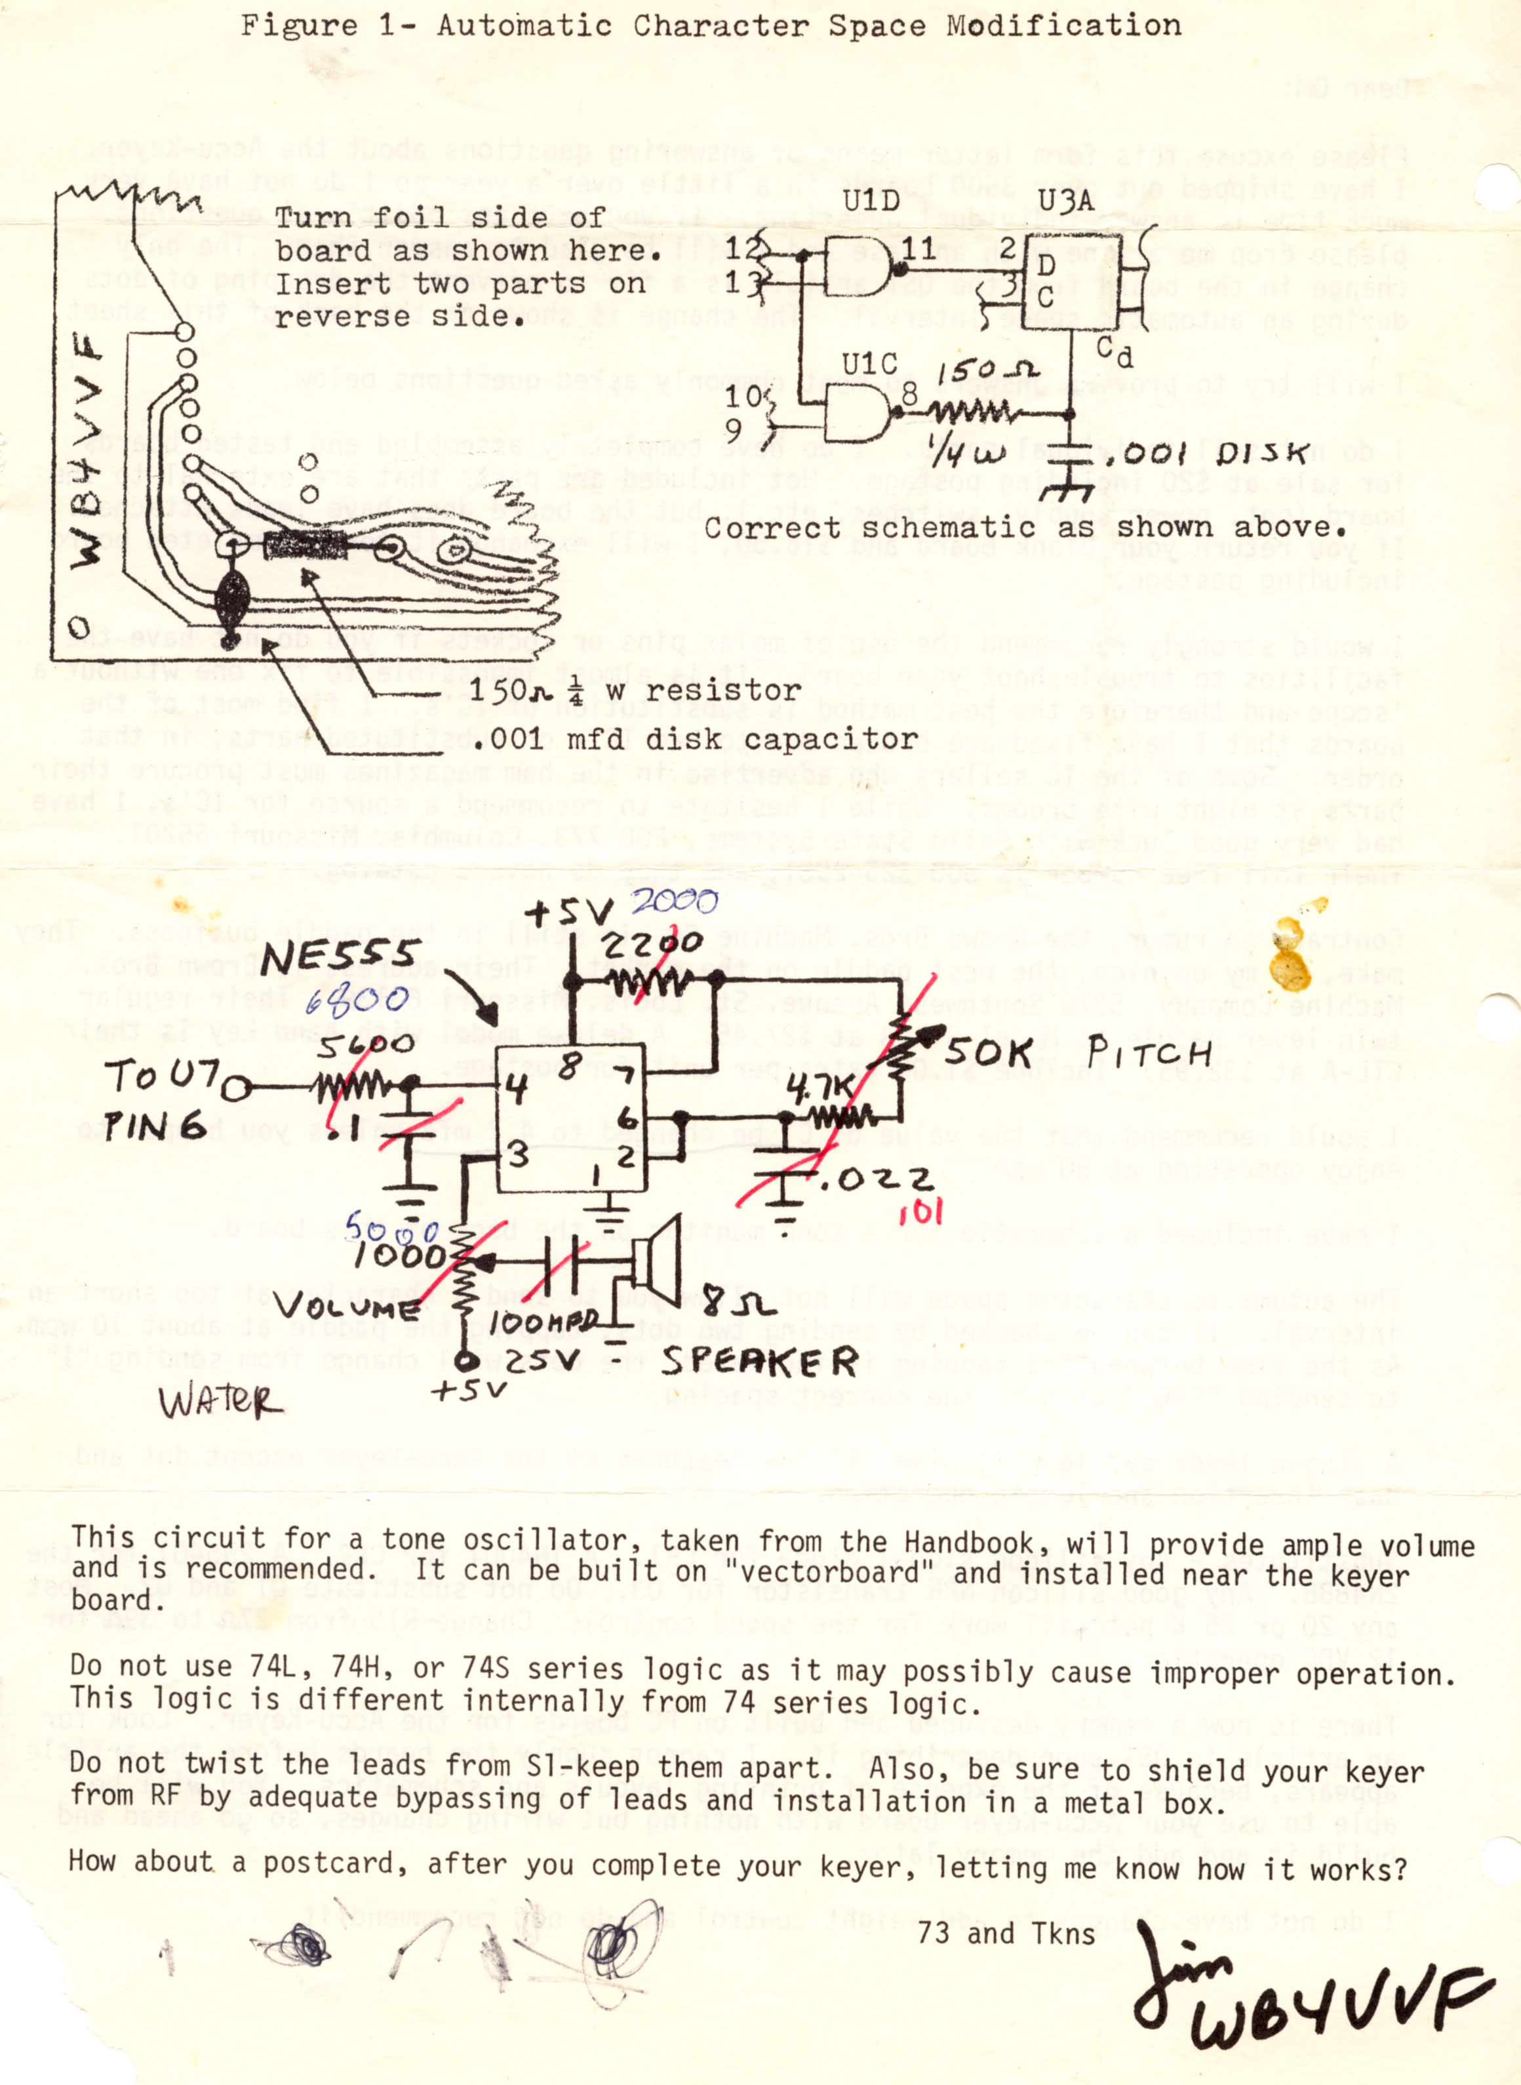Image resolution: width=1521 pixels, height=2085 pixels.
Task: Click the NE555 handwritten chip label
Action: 341,957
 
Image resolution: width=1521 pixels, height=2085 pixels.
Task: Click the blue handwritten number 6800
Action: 357,1001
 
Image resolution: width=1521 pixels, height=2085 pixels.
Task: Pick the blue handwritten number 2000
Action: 674,901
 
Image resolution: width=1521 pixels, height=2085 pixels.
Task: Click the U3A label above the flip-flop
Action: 1065,201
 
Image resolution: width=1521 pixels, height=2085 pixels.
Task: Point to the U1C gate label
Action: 870,365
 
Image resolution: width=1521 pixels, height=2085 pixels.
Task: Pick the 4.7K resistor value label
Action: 821,1089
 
